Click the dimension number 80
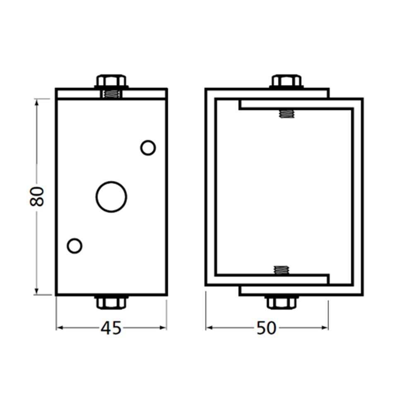click(x=37, y=196)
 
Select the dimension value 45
click(x=111, y=328)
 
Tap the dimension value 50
click(x=266, y=328)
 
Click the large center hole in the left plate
click(x=111, y=196)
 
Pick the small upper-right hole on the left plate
click(x=148, y=148)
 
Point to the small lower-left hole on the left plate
click(x=75, y=246)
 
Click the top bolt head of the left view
click(x=111, y=80)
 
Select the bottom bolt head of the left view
click(x=111, y=302)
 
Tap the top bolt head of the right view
click(x=286, y=80)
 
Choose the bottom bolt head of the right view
click(x=282, y=302)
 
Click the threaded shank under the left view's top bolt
click(x=111, y=94)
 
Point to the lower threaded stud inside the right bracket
click(x=281, y=270)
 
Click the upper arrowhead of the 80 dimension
click(x=37, y=101)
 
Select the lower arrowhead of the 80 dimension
click(x=37, y=292)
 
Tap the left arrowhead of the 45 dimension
click(x=59, y=328)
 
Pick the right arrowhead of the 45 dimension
click(x=164, y=328)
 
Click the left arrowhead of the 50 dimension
click(x=209, y=328)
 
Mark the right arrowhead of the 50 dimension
click(x=326, y=328)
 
